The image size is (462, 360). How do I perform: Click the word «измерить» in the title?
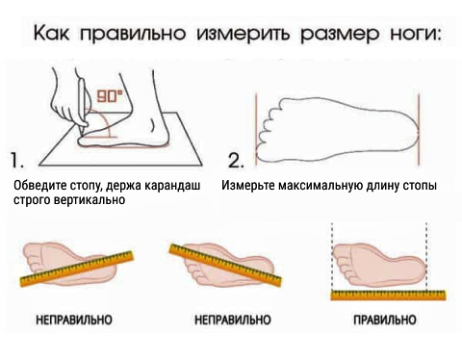pos(243,34)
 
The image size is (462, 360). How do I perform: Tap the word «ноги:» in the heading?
pos(415,33)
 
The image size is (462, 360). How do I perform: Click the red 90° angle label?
pos(110,95)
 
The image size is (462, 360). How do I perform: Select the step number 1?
pos(17,160)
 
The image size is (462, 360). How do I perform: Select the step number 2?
pos(236,160)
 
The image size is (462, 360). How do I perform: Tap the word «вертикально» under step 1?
pos(90,200)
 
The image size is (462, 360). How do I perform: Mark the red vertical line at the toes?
pos(256,129)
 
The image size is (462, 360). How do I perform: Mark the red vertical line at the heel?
pos(419,129)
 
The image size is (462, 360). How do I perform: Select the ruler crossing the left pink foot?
pos(76,269)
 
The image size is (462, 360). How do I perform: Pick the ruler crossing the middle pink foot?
pos(225,266)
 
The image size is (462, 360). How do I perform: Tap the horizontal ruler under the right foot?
pos(388,295)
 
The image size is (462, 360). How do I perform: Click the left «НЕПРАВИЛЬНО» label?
pos(74,320)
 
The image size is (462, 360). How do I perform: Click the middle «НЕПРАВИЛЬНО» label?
pos(233,320)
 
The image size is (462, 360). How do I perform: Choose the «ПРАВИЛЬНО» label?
pos(385,320)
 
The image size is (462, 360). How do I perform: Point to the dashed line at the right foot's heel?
pos(426,256)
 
